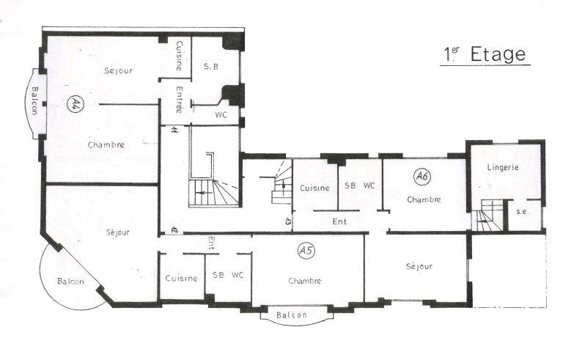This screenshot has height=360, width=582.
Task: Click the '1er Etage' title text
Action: click(485, 54)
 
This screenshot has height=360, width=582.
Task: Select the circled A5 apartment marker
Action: click(306, 251)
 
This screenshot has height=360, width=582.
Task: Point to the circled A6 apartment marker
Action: click(421, 176)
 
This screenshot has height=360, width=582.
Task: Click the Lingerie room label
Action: click(503, 167)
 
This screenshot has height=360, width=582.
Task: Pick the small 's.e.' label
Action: click(522, 212)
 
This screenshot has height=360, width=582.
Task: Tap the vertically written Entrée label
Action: click(180, 100)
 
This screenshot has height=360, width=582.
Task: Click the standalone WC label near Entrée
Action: click(221, 114)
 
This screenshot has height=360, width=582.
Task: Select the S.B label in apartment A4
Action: click(210, 67)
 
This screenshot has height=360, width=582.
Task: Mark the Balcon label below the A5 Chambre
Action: click(292, 315)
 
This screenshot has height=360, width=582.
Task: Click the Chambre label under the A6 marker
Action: click(424, 199)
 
